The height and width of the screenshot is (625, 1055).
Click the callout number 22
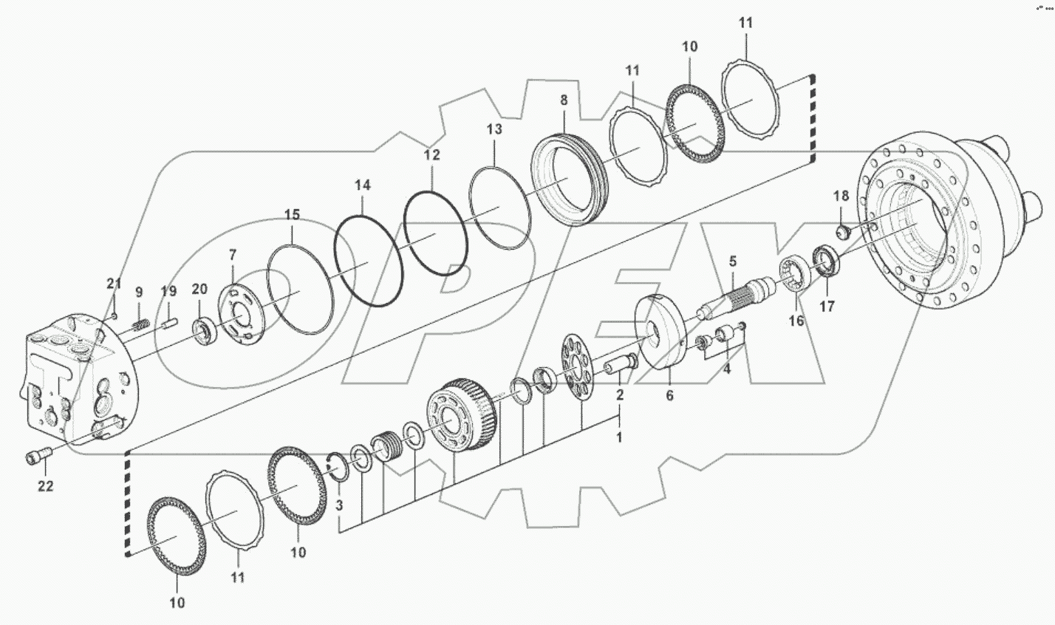pos(46,486)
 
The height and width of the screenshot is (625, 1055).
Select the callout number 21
pos(113,284)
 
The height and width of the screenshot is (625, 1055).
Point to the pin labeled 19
pos(168,321)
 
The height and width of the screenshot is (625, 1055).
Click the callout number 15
pos(292,215)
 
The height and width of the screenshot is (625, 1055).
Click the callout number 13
pos(494,129)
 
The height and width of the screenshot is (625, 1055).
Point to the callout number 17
pos(827,306)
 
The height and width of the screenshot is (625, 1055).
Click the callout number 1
pos(618,437)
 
